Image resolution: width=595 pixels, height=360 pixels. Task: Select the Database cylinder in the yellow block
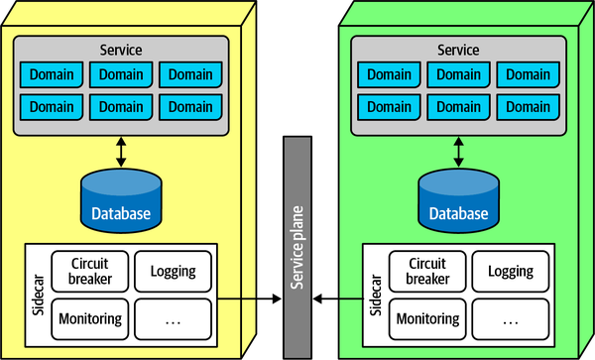(x=122, y=199)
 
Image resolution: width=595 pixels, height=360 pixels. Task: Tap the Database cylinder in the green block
(x=458, y=199)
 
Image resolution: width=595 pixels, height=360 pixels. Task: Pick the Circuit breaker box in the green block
(x=427, y=271)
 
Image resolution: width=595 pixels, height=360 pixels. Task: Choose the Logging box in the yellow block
(x=173, y=271)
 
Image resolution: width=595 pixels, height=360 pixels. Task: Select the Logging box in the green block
(x=510, y=271)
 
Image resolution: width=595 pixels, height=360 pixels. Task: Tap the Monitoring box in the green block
(x=427, y=318)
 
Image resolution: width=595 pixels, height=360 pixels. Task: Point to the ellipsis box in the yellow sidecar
(x=173, y=319)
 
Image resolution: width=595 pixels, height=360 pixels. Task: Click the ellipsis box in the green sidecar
(x=510, y=319)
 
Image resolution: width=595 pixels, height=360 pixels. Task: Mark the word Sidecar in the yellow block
(x=38, y=295)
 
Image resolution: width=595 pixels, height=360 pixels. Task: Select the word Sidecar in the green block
(x=376, y=295)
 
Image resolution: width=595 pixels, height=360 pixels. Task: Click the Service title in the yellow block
(x=122, y=50)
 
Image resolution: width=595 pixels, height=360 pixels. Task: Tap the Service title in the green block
(x=458, y=50)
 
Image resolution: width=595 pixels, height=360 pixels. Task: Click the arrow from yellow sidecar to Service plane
(x=248, y=296)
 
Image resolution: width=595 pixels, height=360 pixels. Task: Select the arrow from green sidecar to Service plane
(x=338, y=296)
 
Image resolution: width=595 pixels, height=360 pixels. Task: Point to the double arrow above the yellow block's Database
(x=122, y=151)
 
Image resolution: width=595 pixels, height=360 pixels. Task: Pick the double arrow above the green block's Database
(x=458, y=151)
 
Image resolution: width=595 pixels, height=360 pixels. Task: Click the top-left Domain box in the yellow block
(x=53, y=74)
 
